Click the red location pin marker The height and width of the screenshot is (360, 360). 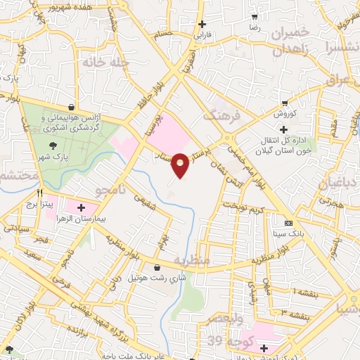coord(181,165)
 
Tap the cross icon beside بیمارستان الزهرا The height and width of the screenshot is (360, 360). coord(81,208)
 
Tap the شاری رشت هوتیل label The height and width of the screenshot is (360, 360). coord(154,278)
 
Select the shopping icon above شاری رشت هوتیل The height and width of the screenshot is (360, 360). coord(156,267)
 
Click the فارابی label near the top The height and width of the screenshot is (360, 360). coord(202,34)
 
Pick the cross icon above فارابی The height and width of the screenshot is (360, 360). coord(202,23)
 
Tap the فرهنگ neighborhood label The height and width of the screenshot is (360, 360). coord(222,114)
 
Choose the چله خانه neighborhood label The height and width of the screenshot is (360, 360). coord(107,63)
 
